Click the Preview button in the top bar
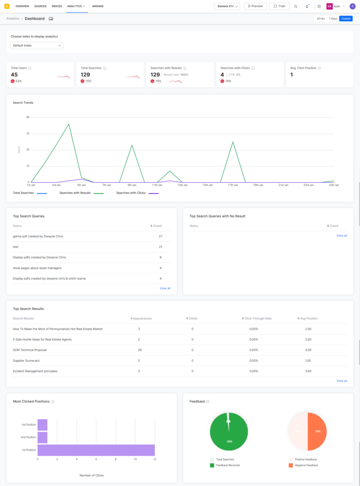pos(255,6)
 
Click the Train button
pos(279,6)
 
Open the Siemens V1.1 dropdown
pos(227,6)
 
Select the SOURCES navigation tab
pos(40,6)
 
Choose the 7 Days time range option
pos(332,19)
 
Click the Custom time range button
pos(346,19)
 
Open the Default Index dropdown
pos(37,46)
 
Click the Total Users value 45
pos(14,75)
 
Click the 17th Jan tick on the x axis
pos(232,185)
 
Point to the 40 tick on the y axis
pos(28,117)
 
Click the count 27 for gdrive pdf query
pos(160,236)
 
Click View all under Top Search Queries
pos(165,288)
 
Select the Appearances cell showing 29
pos(139,350)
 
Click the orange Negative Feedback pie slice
pos(317,431)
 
